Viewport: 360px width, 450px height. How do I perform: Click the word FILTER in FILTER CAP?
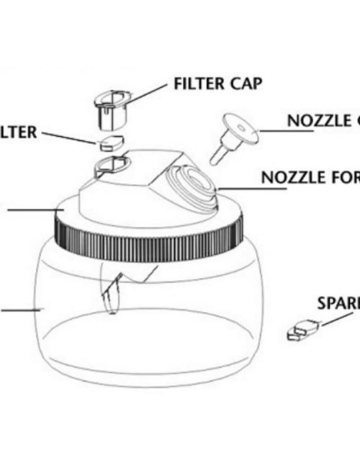pyautogui.click(x=198, y=83)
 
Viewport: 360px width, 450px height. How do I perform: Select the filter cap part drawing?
pyautogui.click(x=109, y=108)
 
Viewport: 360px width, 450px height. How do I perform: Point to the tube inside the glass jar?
pyautogui.click(x=112, y=292)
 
